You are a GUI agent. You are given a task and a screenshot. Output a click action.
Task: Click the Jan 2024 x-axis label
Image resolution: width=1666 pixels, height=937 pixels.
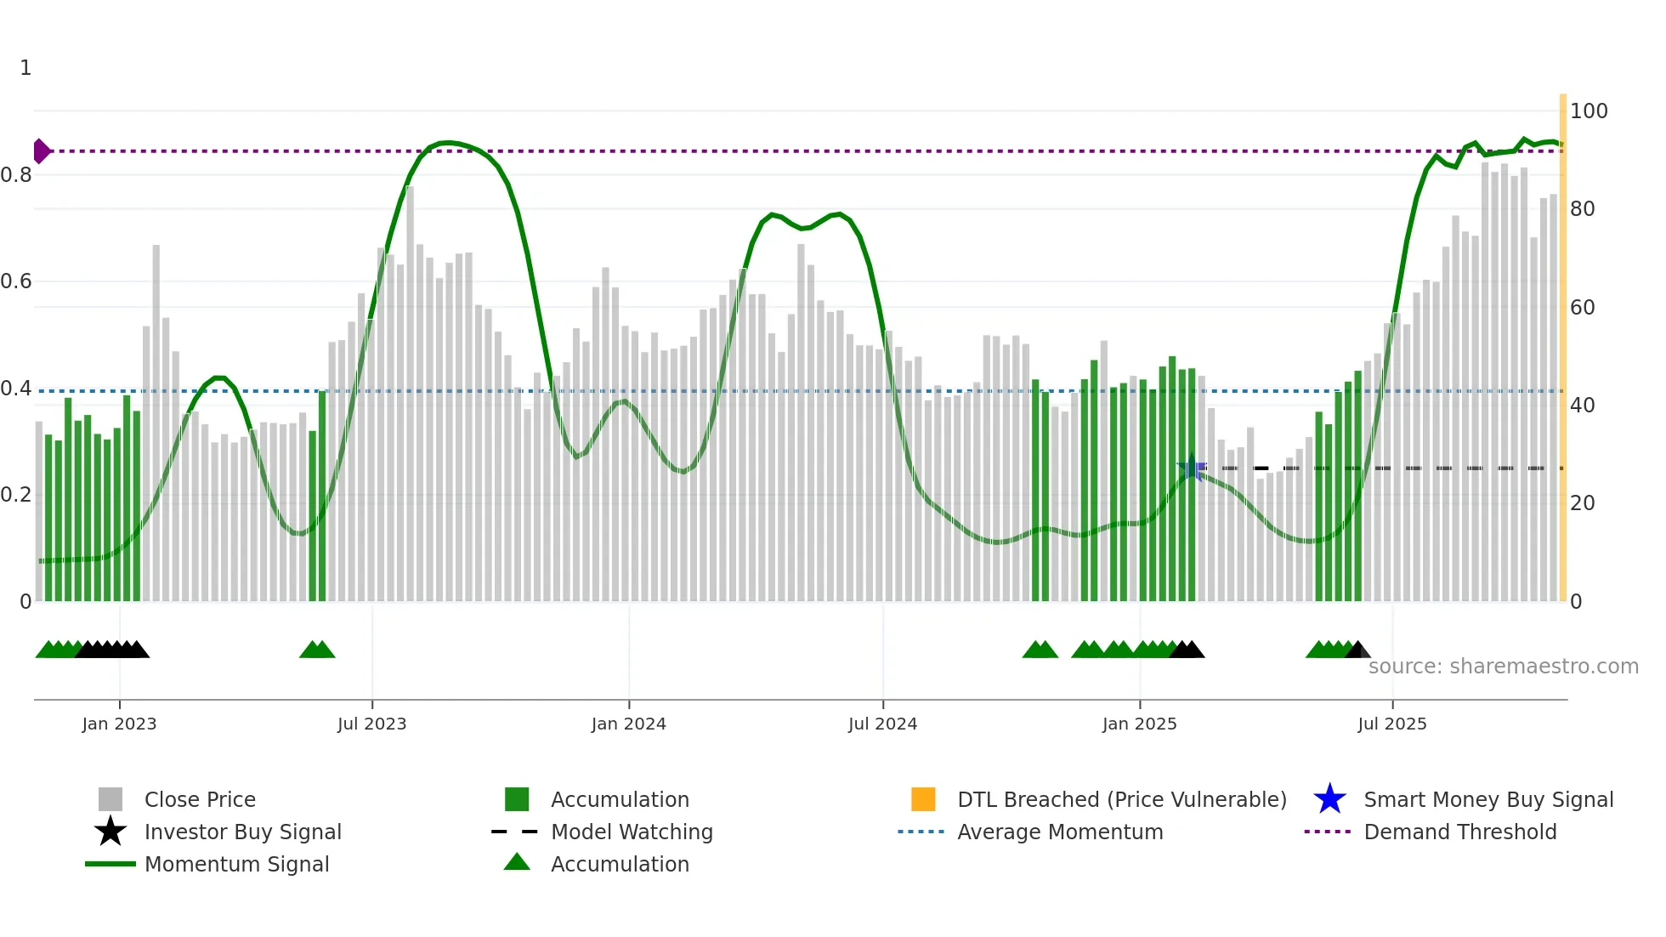tap(628, 724)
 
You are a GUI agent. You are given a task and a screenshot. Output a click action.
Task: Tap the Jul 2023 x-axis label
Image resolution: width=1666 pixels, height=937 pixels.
tap(371, 724)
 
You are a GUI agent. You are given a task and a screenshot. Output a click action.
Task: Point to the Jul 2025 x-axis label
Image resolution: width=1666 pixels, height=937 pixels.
tap(1391, 724)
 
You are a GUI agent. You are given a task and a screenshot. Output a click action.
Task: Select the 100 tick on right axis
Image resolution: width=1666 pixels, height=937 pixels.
tap(1588, 111)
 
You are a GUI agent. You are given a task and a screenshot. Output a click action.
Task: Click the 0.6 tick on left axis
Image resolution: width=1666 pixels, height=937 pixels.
tap(16, 281)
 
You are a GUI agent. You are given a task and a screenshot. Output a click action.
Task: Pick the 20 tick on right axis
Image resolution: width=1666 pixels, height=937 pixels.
tap(1582, 503)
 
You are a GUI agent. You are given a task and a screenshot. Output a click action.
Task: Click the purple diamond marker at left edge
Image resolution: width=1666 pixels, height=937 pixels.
tap(41, 151)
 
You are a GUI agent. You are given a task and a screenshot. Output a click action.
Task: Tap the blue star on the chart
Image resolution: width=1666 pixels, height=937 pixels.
tap(1192, 467)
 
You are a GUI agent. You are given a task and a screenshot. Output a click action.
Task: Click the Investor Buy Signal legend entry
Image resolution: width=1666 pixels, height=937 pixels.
tap(242, 832)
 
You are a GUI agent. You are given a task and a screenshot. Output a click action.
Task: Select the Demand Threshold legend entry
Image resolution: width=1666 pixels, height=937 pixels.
tap(1459, 832)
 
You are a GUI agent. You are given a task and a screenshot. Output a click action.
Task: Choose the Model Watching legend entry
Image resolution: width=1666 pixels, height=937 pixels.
tap(631, 832)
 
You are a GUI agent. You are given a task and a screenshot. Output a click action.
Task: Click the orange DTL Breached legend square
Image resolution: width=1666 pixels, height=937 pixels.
tap(923, 799)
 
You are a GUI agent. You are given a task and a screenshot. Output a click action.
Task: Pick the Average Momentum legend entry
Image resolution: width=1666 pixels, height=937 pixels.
tap(1059, 832)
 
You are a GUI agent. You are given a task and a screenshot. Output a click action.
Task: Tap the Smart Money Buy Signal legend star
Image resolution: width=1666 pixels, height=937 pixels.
tap(1329, 799)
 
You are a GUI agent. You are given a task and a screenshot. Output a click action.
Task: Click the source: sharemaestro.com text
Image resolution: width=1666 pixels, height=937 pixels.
tap(1503, 666)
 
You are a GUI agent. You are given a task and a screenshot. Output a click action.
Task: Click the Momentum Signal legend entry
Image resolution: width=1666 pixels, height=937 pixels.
tap(236, 864)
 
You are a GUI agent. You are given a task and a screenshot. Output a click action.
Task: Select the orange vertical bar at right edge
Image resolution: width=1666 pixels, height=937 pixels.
tap(1562, 349)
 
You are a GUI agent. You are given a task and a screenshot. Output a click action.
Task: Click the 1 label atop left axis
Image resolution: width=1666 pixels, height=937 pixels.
tap(25, 68)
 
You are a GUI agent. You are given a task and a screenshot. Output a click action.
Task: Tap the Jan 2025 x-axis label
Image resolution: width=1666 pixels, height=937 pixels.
tap(1139, 724)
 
